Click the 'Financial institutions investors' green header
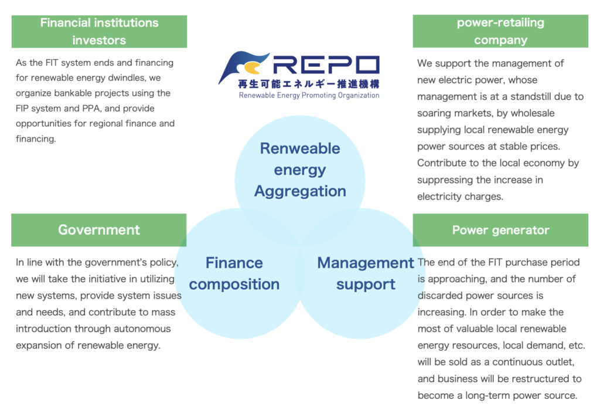click(99, 32)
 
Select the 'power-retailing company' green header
click(500, 32)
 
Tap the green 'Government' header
click(99, 229)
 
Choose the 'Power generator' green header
click(500, 230)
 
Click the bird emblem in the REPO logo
click(241, 66)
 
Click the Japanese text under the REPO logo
click(308, 84)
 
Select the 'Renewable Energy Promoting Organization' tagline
click(309, 95)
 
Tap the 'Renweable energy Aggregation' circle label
click(300, 170)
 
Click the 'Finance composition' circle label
click(234, 273)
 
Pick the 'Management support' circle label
click(366, 273)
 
